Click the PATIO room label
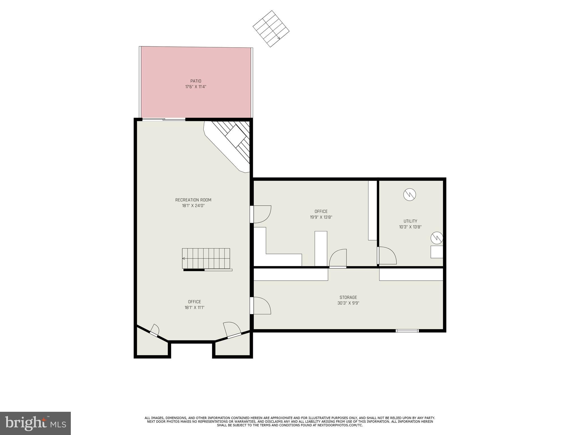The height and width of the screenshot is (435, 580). (x=196, y=81)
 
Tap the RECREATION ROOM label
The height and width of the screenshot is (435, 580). (x=193, y=200)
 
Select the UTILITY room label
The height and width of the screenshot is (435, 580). (x=410, y=221)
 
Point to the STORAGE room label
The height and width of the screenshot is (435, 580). (x=348, y=297)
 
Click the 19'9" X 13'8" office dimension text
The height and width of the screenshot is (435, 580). (x=321, y=217)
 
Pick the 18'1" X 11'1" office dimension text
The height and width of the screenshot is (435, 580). (x=194, y=308)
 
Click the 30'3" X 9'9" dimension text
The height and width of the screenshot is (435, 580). (x=348, y=303)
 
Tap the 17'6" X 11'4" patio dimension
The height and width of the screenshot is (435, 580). (x=196, y=87)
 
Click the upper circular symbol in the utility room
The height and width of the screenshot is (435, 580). (x=410, y=195)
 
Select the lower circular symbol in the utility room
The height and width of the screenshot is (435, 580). (x=437, y=238)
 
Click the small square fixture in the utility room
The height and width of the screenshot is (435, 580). (x=436, y=252)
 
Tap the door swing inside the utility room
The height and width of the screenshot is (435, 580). (x=387, y=255)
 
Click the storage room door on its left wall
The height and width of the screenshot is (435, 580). (x=261, y=306)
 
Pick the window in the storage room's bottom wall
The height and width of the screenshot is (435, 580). (x=407, y=330)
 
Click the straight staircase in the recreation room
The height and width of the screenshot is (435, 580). (x=206, y=258)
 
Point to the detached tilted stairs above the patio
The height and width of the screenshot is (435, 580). (x=271, y=29)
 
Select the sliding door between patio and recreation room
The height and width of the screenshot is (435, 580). (x=164, y=120)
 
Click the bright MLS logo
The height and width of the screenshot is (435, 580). (x=35, y=423)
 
